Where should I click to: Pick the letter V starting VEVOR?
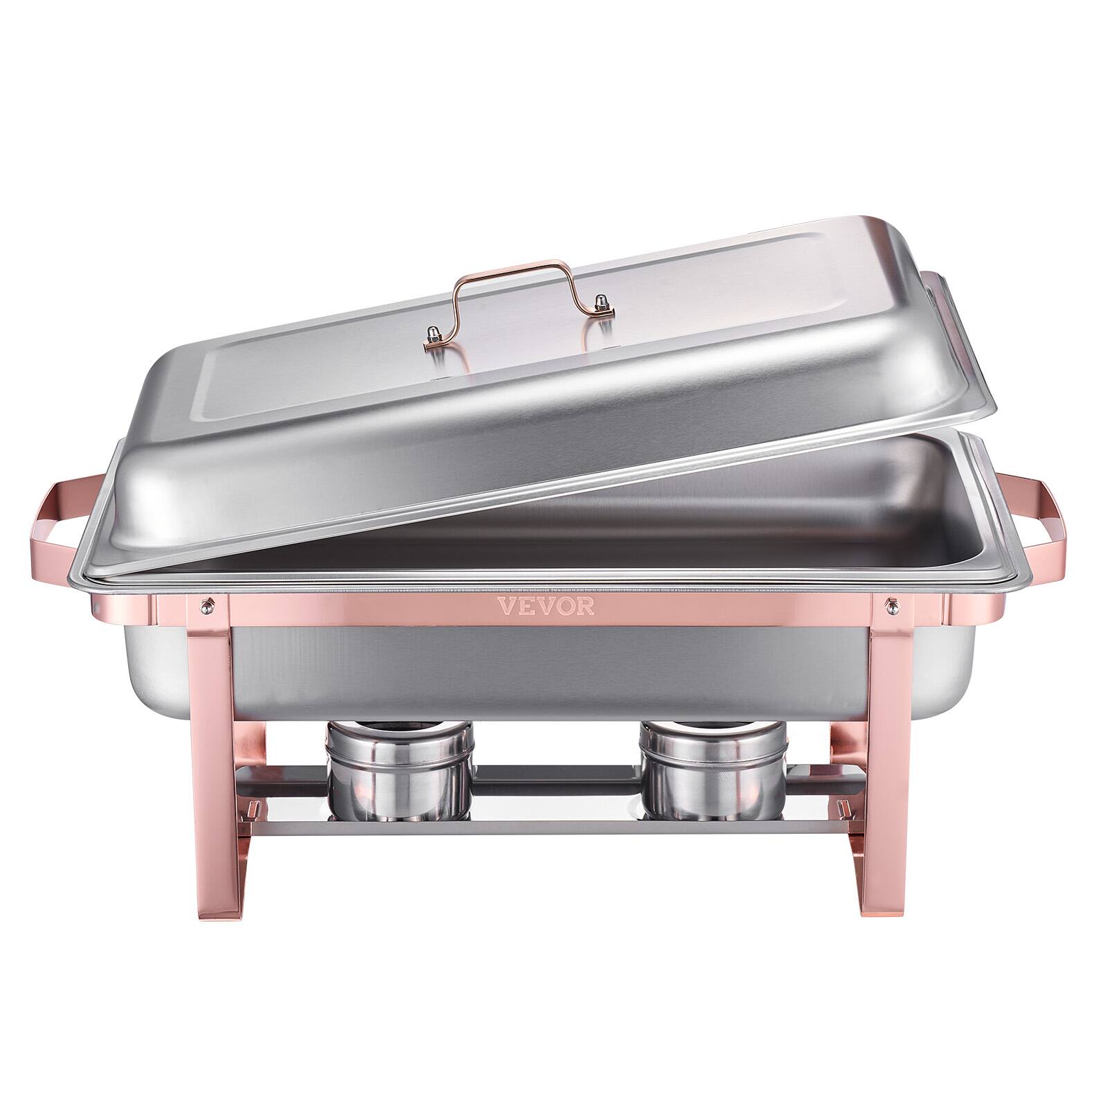508,607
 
